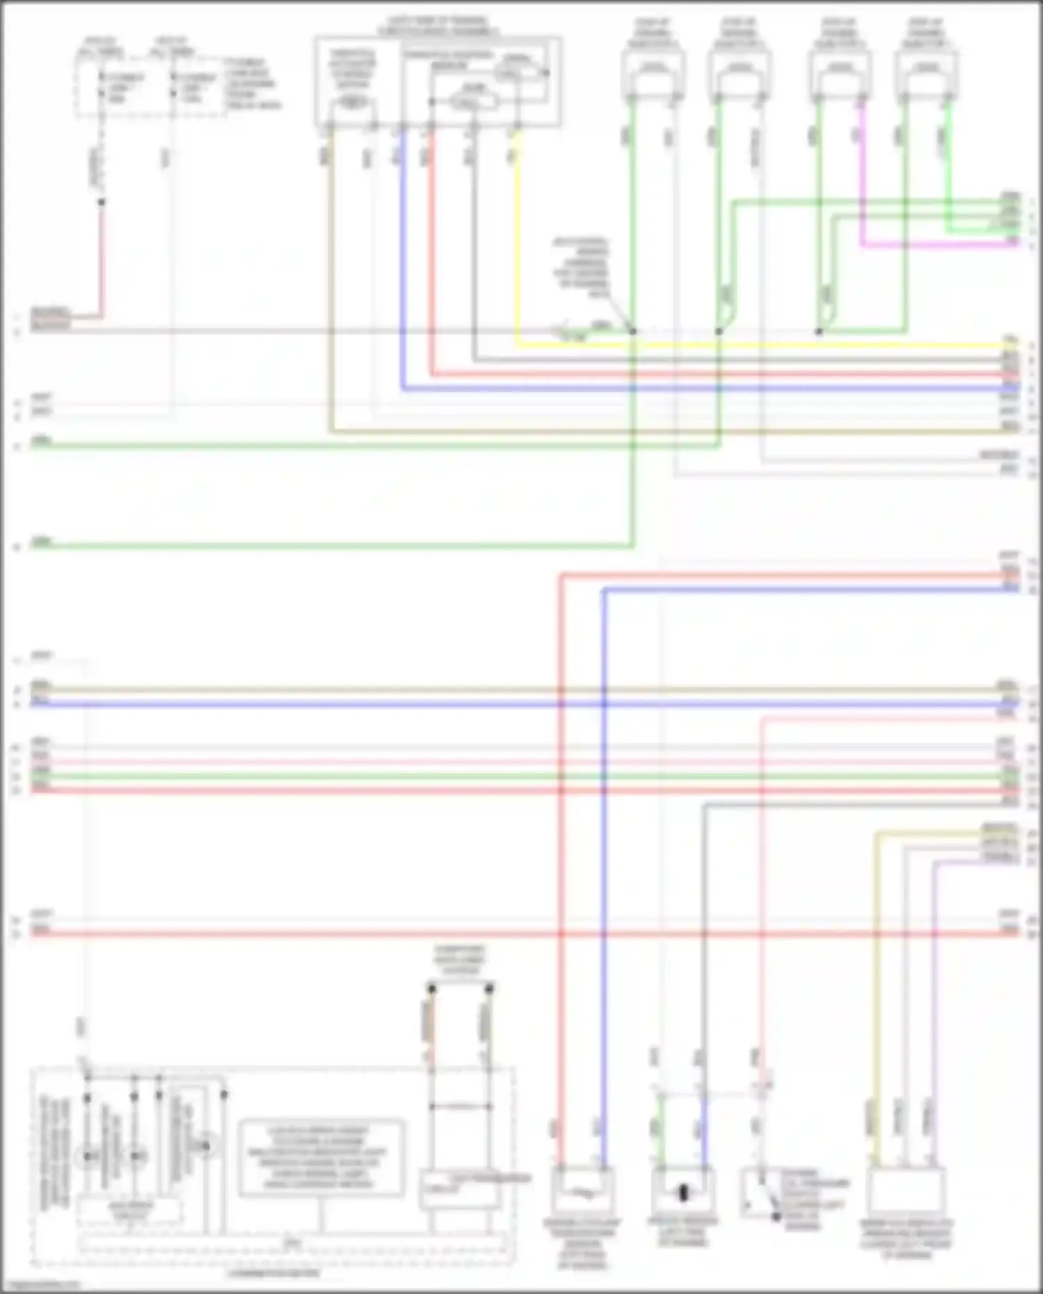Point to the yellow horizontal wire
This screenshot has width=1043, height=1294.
765,346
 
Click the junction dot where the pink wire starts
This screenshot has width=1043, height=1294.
102,202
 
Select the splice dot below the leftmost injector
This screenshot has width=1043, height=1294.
633,332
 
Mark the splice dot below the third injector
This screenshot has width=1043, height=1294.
819,332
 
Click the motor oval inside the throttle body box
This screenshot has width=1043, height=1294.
353,103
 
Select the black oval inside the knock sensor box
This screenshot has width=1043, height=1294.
683,1193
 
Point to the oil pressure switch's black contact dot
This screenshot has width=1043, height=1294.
777,1216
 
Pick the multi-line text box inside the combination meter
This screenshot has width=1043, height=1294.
321,1158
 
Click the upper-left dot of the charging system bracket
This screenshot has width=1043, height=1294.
431,988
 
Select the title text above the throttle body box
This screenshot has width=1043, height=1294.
437,26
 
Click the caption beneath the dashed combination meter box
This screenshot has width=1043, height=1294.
273,1273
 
